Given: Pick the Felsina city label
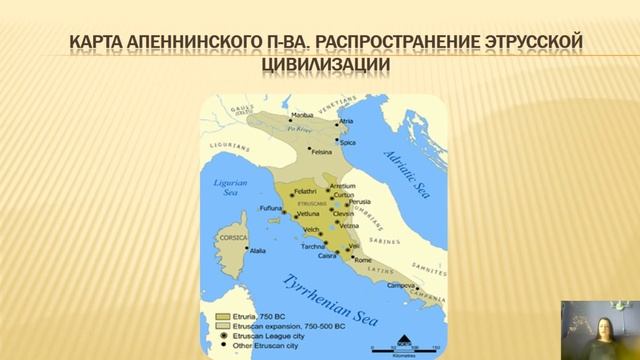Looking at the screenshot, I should [321, 152].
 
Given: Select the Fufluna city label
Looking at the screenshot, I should [272, 208].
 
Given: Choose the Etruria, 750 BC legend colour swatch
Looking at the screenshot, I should [224, 316].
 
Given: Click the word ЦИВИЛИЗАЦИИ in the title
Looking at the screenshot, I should [320, 65].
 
